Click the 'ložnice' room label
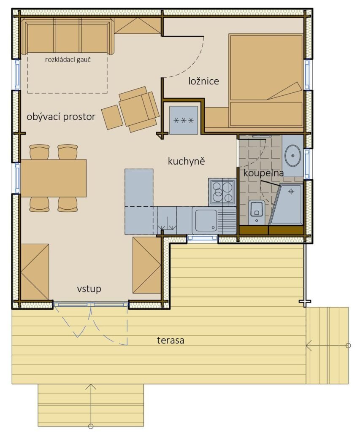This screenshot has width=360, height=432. pos(204,81)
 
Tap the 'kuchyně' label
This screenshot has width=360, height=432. pos(187,161)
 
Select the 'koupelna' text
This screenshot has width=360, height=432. pos(263,173)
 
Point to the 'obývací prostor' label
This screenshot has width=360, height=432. pos(61,117)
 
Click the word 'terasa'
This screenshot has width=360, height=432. pos(171,340)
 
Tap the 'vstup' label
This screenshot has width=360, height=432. pos(89,289)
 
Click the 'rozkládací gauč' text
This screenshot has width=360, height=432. pos(68,59)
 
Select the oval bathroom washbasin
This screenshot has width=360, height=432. pos(293,155)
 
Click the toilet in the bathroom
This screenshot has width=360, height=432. pos(257,212)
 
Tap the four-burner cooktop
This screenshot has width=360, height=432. pos(222,192)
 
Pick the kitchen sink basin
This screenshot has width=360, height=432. pos(206,220)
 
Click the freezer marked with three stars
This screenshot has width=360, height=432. pos(184,120)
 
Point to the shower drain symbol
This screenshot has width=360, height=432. pos(291,191)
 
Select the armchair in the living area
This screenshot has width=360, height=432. pos(139,109)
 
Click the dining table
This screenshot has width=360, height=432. pos(54,178)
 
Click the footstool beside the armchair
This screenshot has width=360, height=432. pos(112,117)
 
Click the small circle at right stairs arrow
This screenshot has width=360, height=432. pos(348,346)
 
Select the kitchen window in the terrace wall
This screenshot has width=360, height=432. pos(202,238)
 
